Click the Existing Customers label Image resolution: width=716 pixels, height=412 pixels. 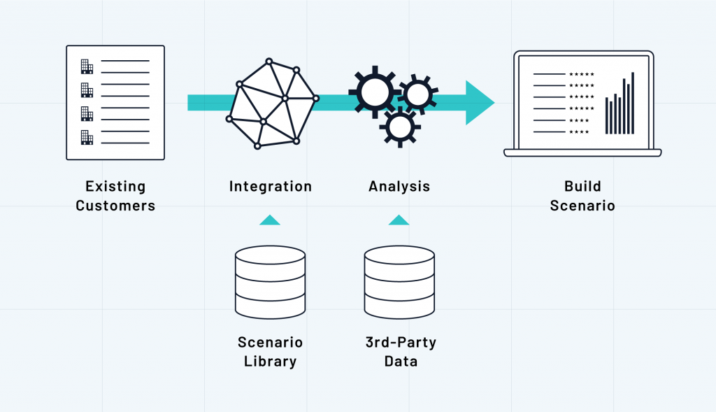(x=115, y=196)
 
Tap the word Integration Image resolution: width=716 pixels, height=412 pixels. (x=271, y=187)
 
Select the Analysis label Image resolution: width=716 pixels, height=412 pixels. (x=399, y=187)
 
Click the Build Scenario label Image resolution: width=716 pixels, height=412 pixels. (x=582, y=196)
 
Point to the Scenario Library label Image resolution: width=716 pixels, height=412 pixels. (x=271, y=352)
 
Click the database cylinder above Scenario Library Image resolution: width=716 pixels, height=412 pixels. (x=270, y=282)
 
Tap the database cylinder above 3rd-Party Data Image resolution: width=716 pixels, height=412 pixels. (x=399, y=282)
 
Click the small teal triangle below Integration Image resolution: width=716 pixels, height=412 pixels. (x=270, y=220)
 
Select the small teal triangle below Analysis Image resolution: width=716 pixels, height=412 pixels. (x=399, y=220)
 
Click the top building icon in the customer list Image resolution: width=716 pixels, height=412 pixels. (x=87, y=66)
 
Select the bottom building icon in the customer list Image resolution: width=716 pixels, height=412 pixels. (x=87, y=137)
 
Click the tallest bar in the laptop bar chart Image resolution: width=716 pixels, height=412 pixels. (x=633, y=103)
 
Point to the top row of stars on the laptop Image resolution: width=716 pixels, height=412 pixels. (x=582, y=73)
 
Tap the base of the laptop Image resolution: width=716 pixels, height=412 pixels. (x=582, y=152)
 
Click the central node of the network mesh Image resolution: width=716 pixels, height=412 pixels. (x=285, y=98)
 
